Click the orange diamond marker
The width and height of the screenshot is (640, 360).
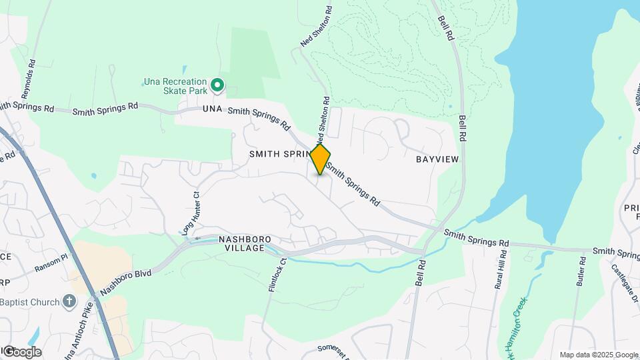320,159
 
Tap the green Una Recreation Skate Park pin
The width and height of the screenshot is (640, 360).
217,85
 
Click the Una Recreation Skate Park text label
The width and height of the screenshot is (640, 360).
175,87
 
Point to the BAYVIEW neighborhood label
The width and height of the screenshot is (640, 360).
437,160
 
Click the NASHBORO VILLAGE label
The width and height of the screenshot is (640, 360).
241,245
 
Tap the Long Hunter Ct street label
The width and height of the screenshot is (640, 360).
191,215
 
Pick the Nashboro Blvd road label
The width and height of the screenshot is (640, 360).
126,283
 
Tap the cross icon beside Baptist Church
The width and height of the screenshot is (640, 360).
69,302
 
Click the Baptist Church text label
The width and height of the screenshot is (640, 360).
30,303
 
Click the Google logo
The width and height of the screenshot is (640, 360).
21,352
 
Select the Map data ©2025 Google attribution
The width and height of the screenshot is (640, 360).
599,355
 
